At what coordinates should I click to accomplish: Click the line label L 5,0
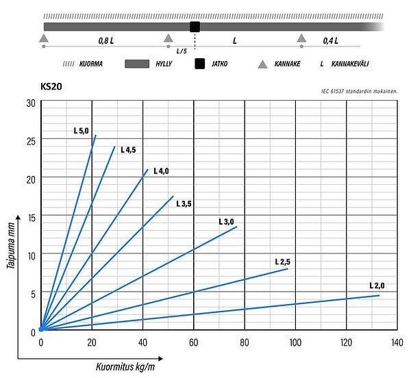pyautogui.click(x=82, y=131)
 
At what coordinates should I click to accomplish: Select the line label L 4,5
pyautogui.click(x=128, y=149)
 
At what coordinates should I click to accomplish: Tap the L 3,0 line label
pyautogui.click(x=226, y=221)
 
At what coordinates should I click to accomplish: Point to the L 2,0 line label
pyautogui.click(x=377, y=286)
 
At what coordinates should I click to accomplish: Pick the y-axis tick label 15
pyautogui.click(x=30, y=217)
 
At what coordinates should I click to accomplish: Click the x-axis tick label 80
pyautogui.click(x=245, y=341)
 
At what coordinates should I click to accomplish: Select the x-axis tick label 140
pyautogui.click(x=397, y=341)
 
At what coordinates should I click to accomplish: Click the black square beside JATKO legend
pyautogui.click(x=200, y=64)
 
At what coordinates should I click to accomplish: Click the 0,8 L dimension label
pyautogui.click(x=105, y=41)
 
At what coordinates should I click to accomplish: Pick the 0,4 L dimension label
pyautogui.click(x=331, y=41)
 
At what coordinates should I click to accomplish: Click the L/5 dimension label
pyautogui.click(x=181, y=51)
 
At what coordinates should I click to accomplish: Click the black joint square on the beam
pyautogui.click(x=195, y=27)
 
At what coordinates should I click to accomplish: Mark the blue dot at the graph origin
pyautogui.click(x=41, y=329)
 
